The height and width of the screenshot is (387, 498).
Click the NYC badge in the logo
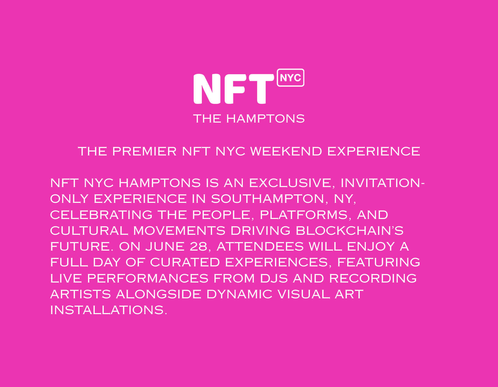(290, 78)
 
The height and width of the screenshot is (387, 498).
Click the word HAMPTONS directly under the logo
(265, 119)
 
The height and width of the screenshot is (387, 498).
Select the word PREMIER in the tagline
(144, 152)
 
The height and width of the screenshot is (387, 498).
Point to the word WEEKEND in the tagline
(286, 152)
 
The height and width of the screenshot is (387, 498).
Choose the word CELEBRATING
(101, 215)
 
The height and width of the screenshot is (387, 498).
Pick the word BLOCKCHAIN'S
(349, 231)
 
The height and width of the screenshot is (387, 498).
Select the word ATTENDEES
(260, 246)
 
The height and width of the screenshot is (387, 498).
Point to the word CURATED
(185, 262)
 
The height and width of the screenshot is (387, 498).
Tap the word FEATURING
(379, 262)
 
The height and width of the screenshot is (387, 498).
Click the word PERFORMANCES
(148, 278)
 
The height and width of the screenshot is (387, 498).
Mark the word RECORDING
(373, 278)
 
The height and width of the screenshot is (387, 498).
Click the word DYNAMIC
(239, 294)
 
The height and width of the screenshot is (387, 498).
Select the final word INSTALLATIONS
(108, 310)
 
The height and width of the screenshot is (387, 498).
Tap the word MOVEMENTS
(179, 231)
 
